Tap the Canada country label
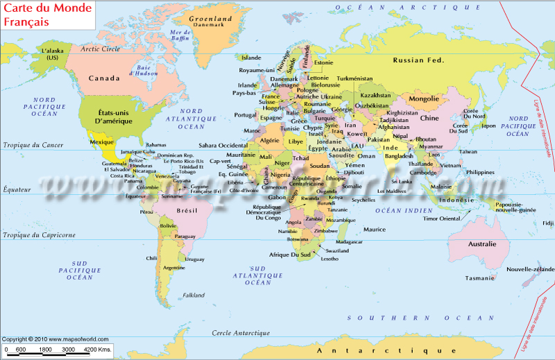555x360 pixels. pyautogui.click(x=103, y=78)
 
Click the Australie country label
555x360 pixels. pyautogui.click(x=482, y=244)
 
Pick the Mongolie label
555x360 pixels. pyautogui.click(x=425, y=98)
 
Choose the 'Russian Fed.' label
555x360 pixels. pyautogui.click(x=418, y=60)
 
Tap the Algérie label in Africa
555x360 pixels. pyautogui.click(x=268, y=140)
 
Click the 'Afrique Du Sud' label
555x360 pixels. pyautogui.click(x=289, y=255)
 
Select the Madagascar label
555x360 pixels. pyautogui.click(x=349, y=241)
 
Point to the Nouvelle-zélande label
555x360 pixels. pyautogui.click(x=531, y=268)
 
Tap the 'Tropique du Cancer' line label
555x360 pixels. pyautogui.click(x=33, y=145)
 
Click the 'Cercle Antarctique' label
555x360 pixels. pyautogui.click(x=241, y=333)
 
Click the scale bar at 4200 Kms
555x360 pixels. pyautogui.click(x=96, y=349)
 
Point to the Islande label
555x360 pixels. pyautogui.click(x=251, y=58)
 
